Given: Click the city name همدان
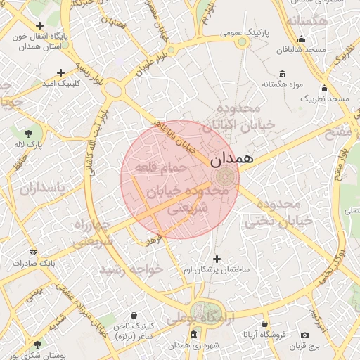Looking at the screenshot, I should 229,160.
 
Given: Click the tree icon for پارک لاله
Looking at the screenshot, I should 29,133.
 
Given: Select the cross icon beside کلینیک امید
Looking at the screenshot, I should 61,72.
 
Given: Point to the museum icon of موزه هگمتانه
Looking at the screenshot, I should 282,75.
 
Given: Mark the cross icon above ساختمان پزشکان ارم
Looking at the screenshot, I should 217,259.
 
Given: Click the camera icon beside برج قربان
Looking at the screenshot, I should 304,335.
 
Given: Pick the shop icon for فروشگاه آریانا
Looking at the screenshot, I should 264,324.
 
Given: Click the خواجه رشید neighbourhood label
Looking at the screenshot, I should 131,269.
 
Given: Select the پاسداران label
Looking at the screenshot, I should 41,188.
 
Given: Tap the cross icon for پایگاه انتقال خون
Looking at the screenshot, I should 40,25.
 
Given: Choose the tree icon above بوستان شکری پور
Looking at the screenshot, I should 37,344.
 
